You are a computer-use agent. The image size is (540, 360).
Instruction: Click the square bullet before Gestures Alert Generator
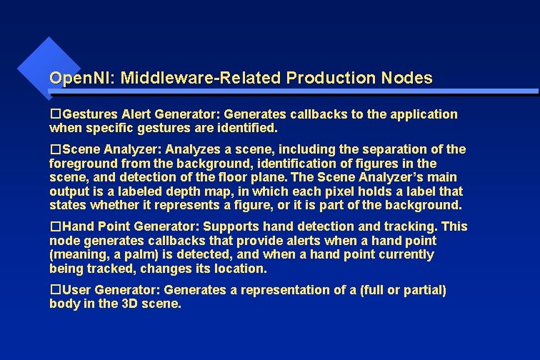(55, 114)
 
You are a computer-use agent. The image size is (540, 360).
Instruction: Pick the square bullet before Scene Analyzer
(55, 149)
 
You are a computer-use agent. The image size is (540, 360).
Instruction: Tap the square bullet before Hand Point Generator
(55, 226)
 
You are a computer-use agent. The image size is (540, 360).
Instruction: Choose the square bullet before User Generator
(55, 290)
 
